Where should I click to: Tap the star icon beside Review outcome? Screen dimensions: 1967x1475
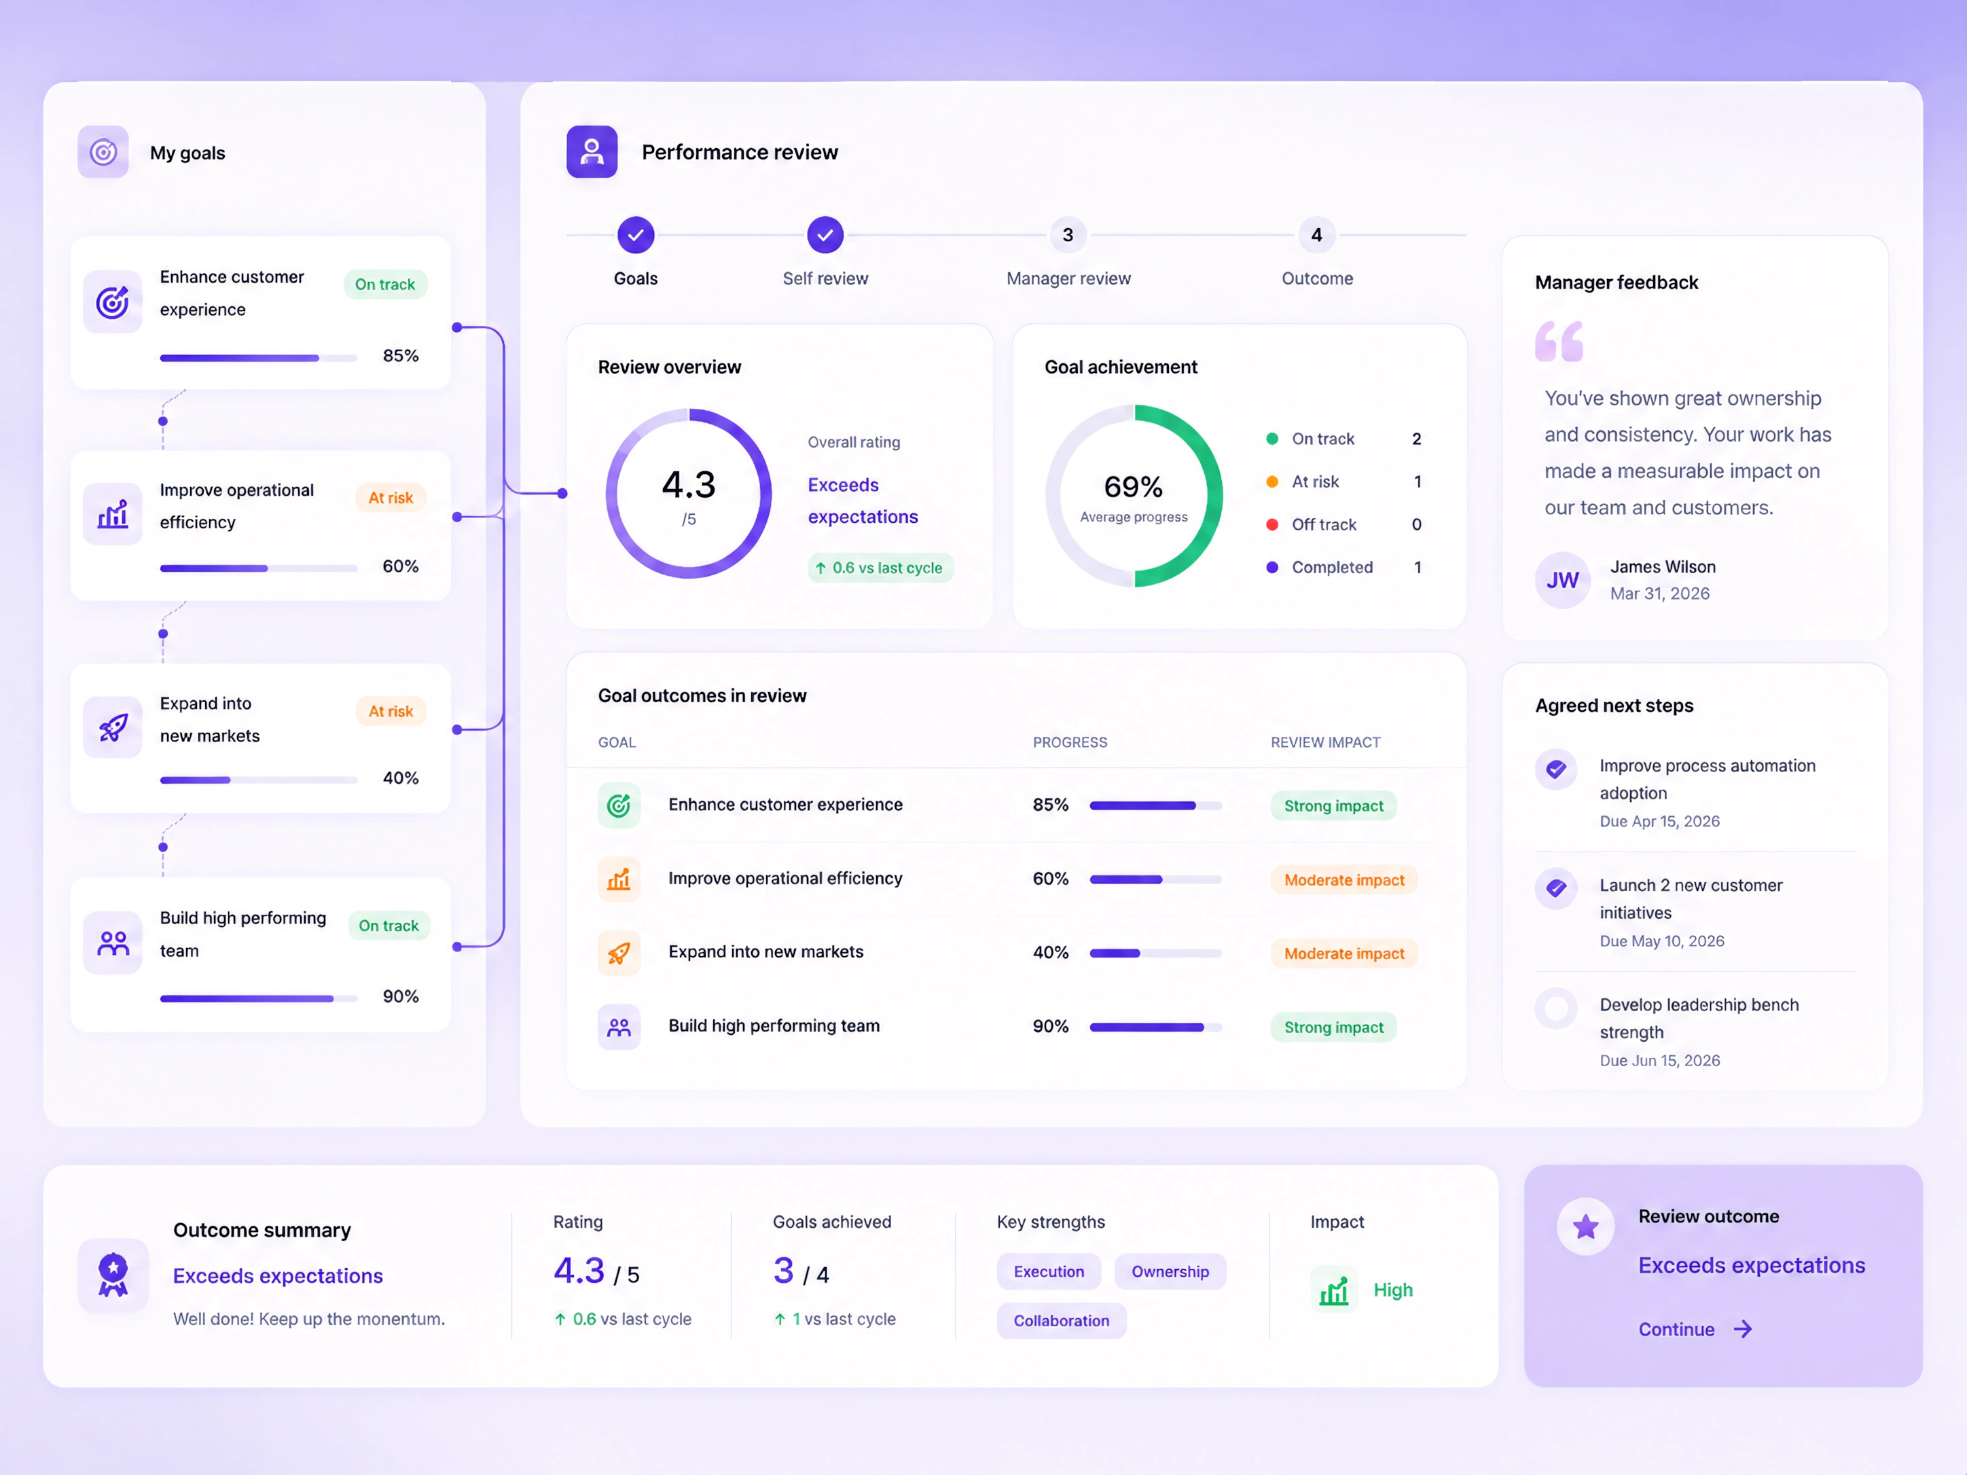[1585, 1227]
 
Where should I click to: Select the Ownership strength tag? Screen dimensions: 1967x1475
[1170, 1271]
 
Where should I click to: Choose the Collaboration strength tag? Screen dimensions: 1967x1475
[1061, 1320]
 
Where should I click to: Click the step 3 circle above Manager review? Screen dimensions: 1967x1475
[1068, 235]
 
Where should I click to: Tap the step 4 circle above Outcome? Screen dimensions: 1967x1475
[1317, 235]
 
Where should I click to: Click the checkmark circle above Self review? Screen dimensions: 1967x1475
[825, 235]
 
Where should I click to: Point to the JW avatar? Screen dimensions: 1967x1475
[1562, 581]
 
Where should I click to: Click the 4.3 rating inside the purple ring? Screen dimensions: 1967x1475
[688, 485]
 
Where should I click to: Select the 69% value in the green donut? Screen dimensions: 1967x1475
[1133, 486]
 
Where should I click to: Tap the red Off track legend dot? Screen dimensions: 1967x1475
[1272, 524]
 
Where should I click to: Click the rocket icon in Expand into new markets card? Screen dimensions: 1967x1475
[113, 727]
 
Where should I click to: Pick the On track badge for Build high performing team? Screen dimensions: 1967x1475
[389, 926]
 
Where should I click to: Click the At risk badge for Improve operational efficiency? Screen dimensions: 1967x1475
[391, 498]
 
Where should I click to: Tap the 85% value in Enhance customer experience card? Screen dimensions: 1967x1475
[400, 356]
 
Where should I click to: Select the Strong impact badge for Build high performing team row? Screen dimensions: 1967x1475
[1333, 1027]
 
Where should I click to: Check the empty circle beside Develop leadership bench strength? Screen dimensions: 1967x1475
[1556, 1008]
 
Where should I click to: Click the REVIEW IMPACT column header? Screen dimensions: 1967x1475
[1325, 742]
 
